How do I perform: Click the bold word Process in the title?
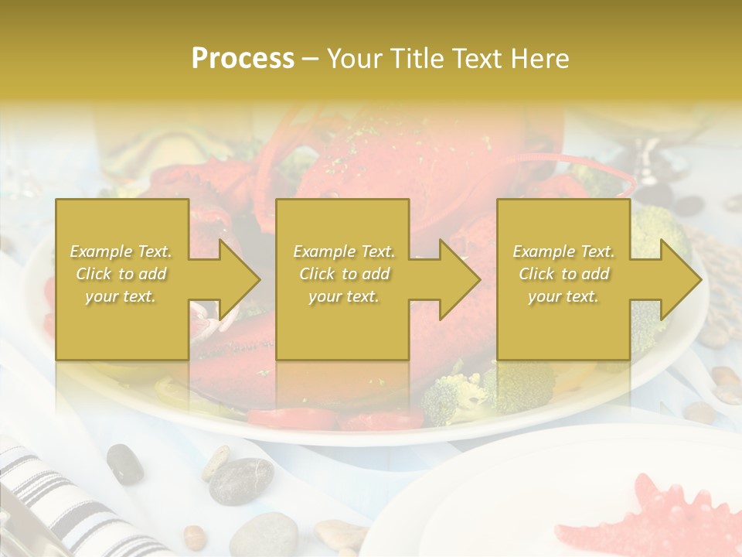(x=243, y=59)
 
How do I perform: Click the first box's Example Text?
(x=121, y=251)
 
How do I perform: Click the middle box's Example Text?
(x=344, y=251)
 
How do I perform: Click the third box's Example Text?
(x=563, y=251)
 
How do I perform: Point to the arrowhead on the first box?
(x=239, y=279)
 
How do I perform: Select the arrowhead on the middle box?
(x=460, y=279)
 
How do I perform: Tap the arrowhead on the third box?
(x=681, y=279)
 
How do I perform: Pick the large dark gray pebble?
(x=241, y=480)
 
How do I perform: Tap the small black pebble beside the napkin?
(x=124, y=463)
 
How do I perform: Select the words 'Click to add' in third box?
(x=563, y=274)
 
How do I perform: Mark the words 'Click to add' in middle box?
(x=344, y=274)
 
